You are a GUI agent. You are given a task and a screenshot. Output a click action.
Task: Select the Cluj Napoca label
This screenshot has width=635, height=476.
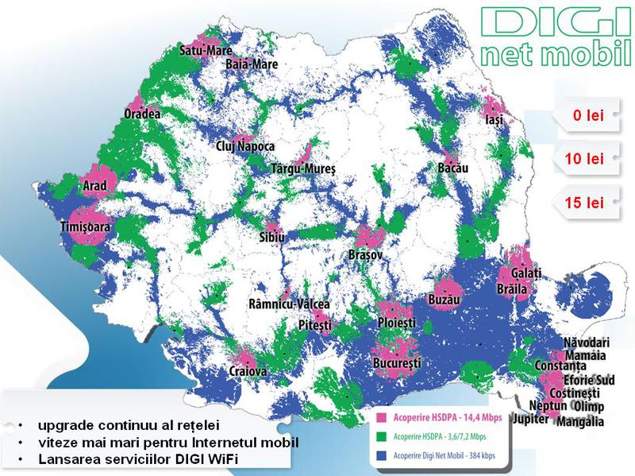pyautogui.click(x=245, y=146)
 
